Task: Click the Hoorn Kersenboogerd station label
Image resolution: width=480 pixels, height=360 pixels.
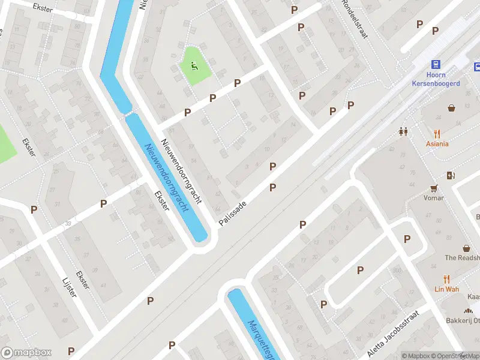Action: [x=436, y=80]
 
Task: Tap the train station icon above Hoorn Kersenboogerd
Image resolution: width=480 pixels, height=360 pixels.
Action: [x=436, y=65]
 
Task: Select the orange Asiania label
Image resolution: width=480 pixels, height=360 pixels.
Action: [x=437, y=144]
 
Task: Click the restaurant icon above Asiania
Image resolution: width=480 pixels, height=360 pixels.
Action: [x=437, y=134]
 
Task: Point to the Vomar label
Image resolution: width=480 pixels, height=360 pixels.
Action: [x=433, y=198]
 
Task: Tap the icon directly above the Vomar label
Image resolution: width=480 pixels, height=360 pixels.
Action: [x=433, y=188]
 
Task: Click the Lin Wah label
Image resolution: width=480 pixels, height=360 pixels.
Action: [x=446, y=289]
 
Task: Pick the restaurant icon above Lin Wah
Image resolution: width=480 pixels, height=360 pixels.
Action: [x=446, y=279]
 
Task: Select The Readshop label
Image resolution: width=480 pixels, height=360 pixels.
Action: [x=462, y=258]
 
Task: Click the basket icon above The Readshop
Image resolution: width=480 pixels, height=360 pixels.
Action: [x=466, y=248]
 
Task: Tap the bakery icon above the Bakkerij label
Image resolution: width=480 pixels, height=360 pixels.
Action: [x=467, y=311]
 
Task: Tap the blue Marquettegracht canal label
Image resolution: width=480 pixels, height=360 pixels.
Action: [x=259, y=339]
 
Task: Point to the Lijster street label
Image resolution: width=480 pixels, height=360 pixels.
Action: [x=70, y=288]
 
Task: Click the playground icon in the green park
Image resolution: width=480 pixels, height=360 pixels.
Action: [x=194, y=65]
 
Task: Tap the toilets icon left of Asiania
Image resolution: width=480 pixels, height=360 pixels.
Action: [x=403, y=131]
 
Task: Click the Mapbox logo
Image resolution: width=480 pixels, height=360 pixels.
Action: [x=26, y=353]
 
